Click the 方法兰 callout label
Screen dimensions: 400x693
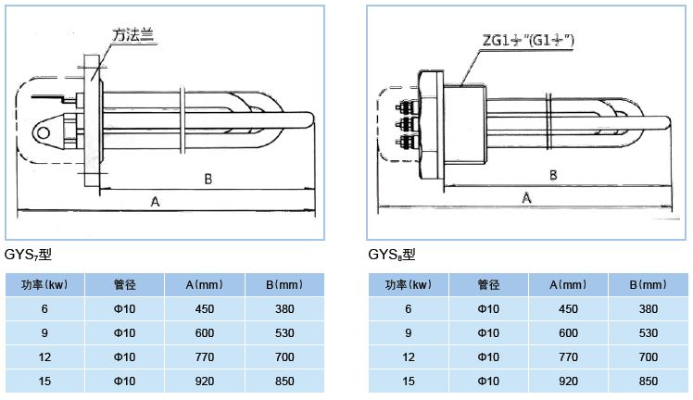coord(132,35)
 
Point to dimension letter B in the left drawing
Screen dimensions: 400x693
coord(208,177)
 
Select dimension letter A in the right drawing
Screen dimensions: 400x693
coord(527,197)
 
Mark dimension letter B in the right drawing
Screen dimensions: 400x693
coord(553,174)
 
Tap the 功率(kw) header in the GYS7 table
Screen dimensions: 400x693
coord(45,285)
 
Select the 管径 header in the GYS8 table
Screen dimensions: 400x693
coord(488,285)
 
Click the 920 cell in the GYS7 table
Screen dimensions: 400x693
coord(207,380)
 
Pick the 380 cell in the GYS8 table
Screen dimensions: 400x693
coord(649,309)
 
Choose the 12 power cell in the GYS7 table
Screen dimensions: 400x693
coord(45,356)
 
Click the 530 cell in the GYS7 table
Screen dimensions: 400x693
coord(285,332)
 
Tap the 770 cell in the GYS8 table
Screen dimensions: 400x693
coord(569,356)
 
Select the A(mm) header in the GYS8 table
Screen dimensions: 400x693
coord(569,285)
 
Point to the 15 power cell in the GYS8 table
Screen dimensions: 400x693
coord(408,380)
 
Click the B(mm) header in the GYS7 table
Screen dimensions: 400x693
coord(285,285)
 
